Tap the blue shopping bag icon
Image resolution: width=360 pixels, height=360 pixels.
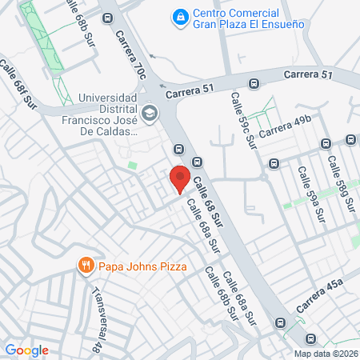point(182,16)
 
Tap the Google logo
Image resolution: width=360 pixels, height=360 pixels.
point(26,350)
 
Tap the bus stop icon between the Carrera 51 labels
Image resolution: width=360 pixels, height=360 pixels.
point(254,82)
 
